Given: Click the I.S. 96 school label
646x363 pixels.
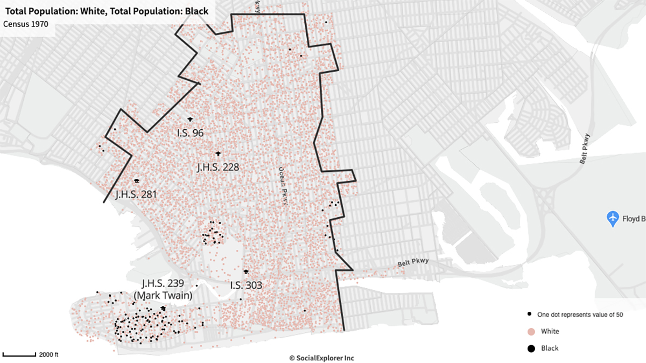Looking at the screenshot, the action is pyautogui.click(x=190, y=132).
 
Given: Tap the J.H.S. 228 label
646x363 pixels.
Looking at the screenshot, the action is pyautogui.click(x=218, y=167).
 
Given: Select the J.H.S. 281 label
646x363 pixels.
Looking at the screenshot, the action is pyautogui.click(x=136, y=194).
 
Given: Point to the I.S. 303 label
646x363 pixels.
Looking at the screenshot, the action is pyautogui.click(x=246, y=285).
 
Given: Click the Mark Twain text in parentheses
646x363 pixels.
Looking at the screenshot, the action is pyautogui.click(x=163, y=295).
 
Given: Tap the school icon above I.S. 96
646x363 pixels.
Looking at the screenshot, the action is pyautogui.click(x=190, y=119).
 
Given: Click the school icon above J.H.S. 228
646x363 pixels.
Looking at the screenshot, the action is pyautogui.click(x=218, y=153).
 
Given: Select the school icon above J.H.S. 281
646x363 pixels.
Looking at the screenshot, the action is pyautogui.click(x=137, y=181).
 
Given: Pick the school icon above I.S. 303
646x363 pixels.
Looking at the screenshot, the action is pyautogui.click(x=246, y=271).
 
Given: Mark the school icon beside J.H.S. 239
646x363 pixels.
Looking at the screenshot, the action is pyautogui.click(x=163, y=308).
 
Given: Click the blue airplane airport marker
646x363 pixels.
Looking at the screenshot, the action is pyautogui.click(x=613, y=219).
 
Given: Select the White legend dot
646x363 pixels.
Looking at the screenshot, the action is pyautogui.click(x=531, y=331).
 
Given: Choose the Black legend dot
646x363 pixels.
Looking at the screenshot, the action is pyautogui.click(x=531, y=348).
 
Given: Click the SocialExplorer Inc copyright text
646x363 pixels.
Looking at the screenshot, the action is pyautogui.click(x=322, y=358).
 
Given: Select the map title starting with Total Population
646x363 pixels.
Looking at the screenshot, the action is pyautogui.click(x=107, y=11).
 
